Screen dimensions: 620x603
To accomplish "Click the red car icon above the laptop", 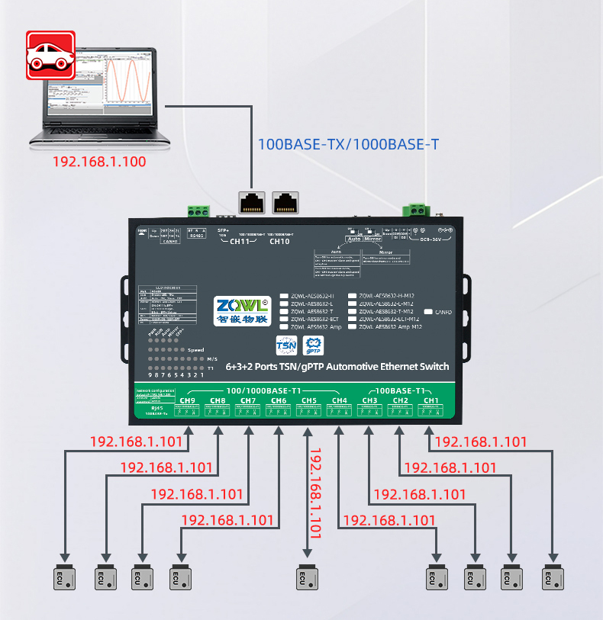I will [x=51, y=55].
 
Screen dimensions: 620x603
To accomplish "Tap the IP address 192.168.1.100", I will [x=98, y=162].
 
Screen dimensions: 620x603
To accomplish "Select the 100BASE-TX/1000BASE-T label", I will [x=348, y=144].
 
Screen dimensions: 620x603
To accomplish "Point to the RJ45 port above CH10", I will [x=285, y=201].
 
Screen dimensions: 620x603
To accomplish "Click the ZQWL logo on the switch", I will [x=241, y=304].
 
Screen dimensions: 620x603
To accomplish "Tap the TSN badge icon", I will [x=285, y=345].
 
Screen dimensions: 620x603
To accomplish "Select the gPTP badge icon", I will [x=314, y=345].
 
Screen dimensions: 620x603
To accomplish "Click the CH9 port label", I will [x=188, y=400].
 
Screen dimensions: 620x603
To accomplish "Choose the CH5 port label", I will [x=309, y=400].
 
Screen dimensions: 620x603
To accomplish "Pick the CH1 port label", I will [x=430, y=400].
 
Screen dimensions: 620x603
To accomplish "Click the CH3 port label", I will [x=369, y=400].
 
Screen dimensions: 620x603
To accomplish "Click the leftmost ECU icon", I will [x=65, y=577].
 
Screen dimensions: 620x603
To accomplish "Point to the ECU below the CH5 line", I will [x=307, y=577].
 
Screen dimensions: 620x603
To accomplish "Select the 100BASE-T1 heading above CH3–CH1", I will [x=401, y=390].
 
